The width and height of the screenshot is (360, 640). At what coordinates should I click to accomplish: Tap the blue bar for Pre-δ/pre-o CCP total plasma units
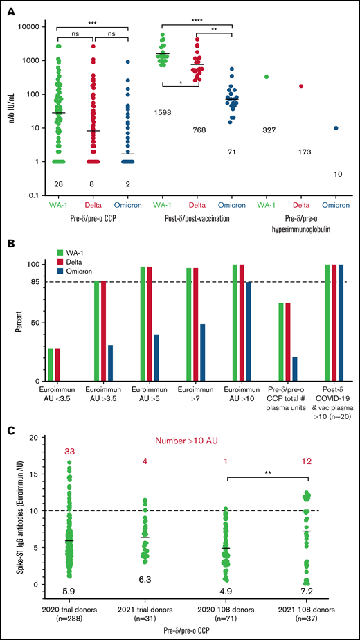point(295,368)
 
